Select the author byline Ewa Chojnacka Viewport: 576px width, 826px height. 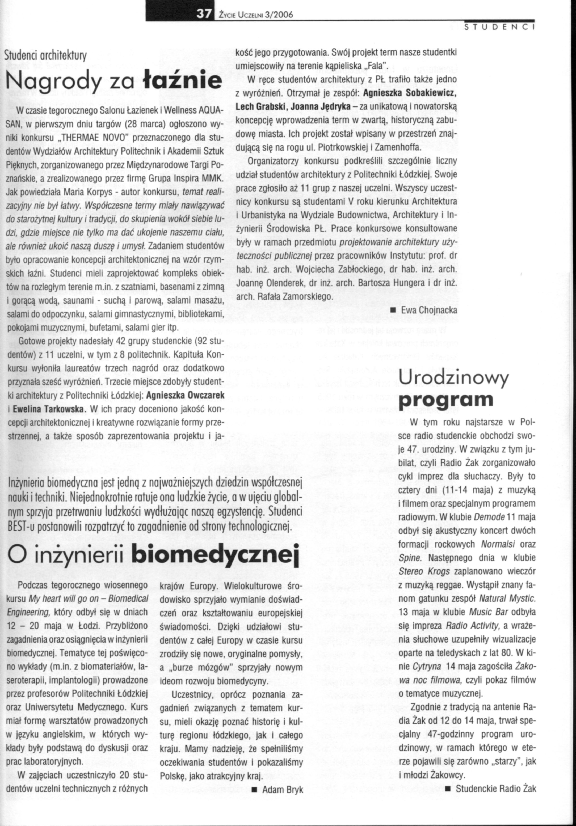[x=429, y=310]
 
